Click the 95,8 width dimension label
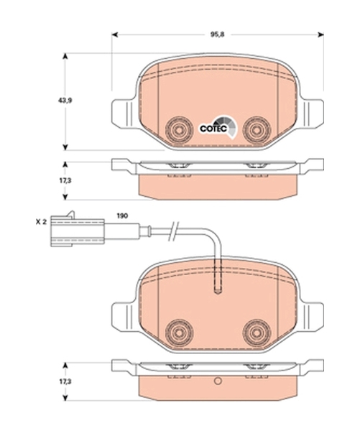pyautogui.click(x=217, y=34)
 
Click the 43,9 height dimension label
pyautogui.click(x=65, y=101)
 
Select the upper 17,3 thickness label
pyautogui.click(x=65, y=180)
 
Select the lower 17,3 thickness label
pyautogui.click(x=65, y=381)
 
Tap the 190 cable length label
pyautogui.click(x=122, y=215)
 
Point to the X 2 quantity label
pyautogui.click(x=41, y=222)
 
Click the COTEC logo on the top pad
pyautogui.click(x=218, y=127)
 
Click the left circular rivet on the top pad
pyautogui.click(x=179, y=130)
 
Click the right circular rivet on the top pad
pyautogui.click(x=257, y=130)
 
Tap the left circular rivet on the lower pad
pyautogui.click(x=179, y=333)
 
